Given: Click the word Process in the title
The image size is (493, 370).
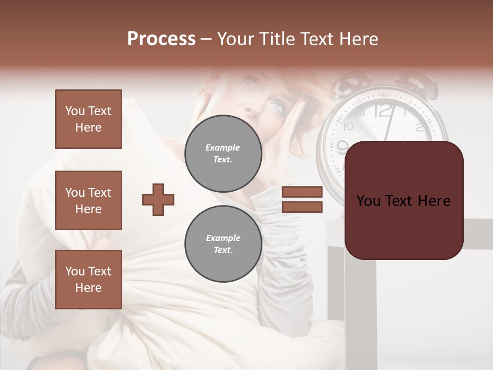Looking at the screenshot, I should click(161, 39).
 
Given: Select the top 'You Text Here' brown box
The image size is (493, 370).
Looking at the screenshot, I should click(88, 119).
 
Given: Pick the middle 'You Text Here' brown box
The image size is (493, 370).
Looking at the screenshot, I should click(88, 200).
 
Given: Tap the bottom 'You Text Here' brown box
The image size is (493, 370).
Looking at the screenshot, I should click(88, 280).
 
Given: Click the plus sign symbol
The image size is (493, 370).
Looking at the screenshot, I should click(158, 199).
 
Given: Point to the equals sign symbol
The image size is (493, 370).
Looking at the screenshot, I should click(302, 199).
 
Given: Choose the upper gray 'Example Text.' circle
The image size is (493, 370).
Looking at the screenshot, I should click(223, 154).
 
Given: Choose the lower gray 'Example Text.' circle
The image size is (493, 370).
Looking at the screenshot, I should click(223, 244).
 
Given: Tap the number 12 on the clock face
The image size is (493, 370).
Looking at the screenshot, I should click(383, 111).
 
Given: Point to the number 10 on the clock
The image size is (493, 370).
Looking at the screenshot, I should click(349, 126).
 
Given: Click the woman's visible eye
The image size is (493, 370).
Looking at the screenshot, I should click(277, 107).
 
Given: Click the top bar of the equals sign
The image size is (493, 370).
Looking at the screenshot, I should click(302, 192).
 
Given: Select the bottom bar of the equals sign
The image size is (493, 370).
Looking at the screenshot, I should click(302, 207).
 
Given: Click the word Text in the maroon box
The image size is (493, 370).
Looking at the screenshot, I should click(403, 201).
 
